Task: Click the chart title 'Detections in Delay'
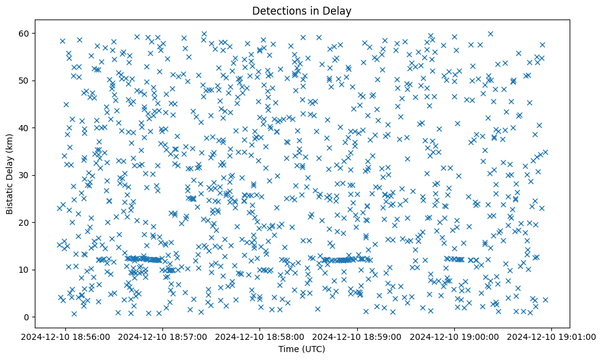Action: click(x=302, y=10)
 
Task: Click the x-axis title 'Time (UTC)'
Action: click(x=302, y=349)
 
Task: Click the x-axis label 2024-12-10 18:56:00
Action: click(x=66, y=337)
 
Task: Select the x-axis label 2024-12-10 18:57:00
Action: click(x=163, y=337)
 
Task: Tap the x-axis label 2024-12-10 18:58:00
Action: click(x=260, y=337)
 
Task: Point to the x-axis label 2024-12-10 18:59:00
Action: click(x=357, y=337)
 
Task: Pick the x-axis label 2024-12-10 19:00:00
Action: click(x=454, y=337)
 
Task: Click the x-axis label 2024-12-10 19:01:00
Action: click(x=552, y=337)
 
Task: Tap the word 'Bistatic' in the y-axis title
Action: click(x=10, y=196)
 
